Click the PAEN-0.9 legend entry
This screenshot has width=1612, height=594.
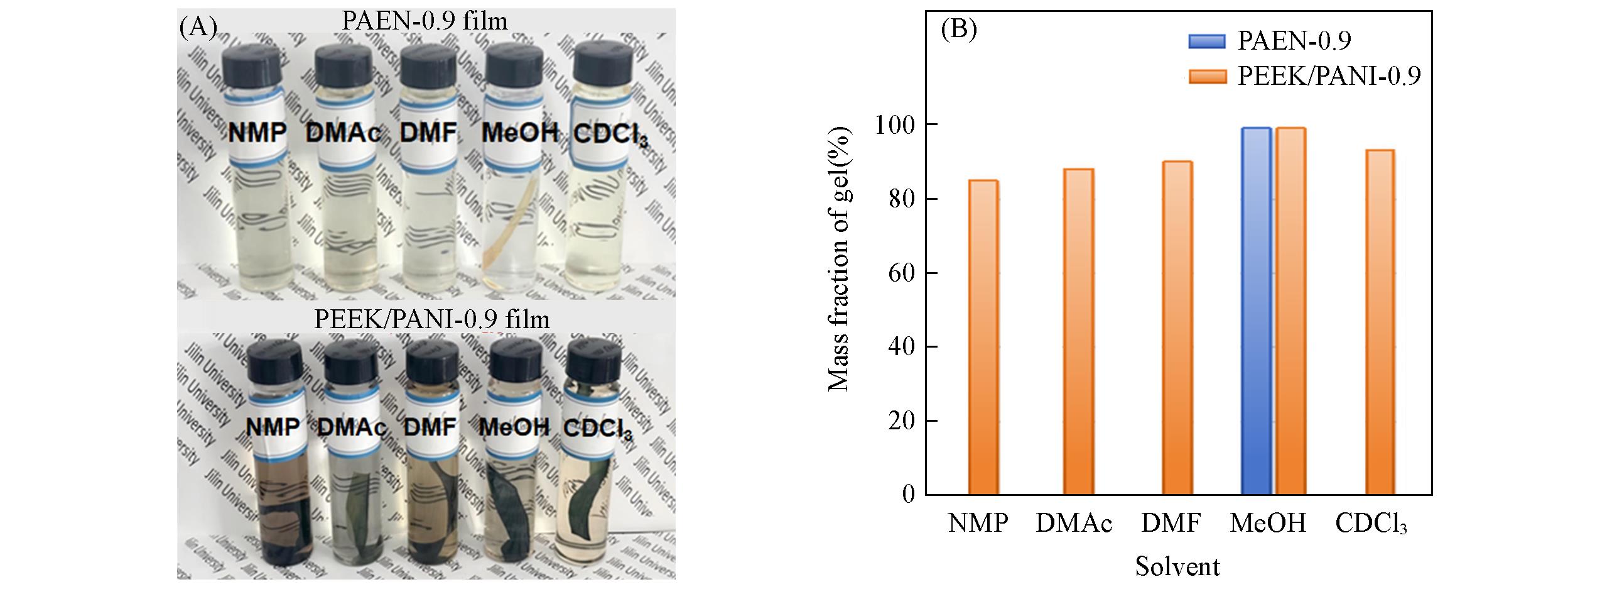tap(1294, 41)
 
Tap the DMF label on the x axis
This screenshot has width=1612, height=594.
tap(1171, 523)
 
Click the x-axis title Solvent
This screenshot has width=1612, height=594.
tap(1177, 566)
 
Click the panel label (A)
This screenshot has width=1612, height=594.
tap(198, 28)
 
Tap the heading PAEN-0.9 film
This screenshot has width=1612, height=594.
tap(425, 21)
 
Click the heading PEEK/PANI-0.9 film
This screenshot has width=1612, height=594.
tap(431, 319)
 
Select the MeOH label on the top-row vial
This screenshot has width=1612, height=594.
tap(520, 133)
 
